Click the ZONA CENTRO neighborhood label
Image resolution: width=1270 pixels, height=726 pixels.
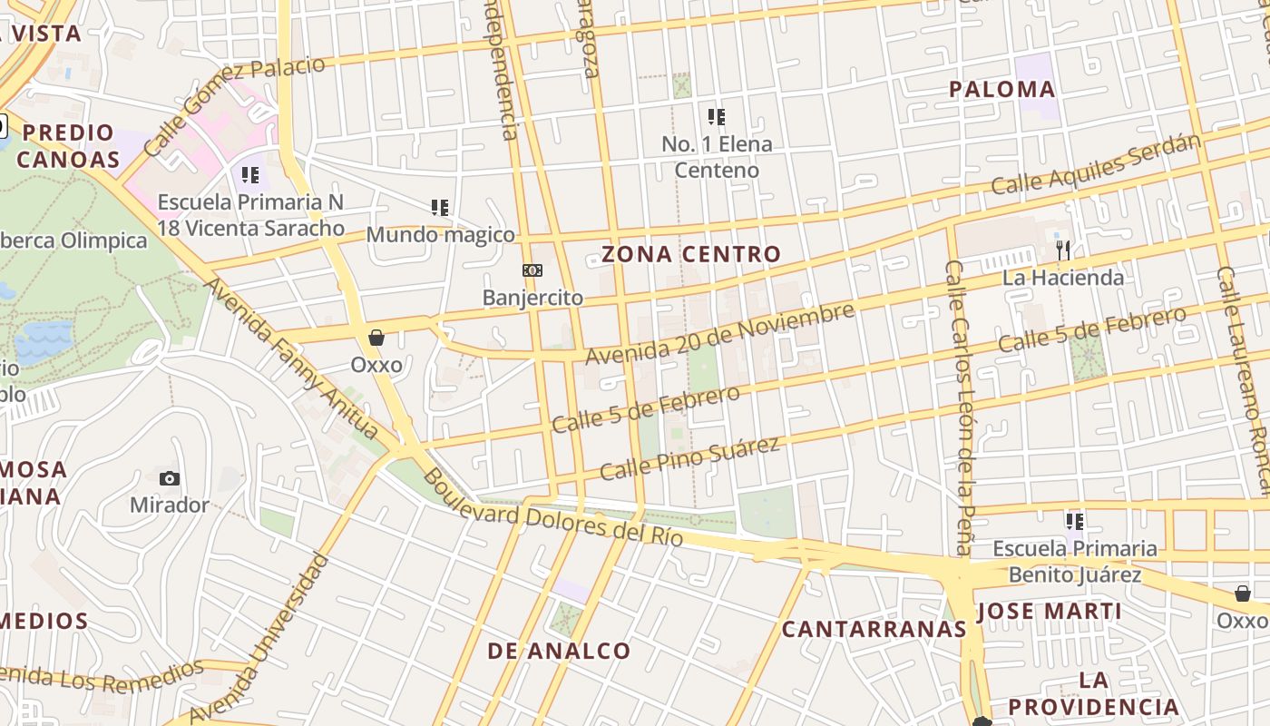(691, 254)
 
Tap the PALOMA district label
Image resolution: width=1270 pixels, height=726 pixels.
(1002, 89)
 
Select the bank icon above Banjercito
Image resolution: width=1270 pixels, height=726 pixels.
(532, 270)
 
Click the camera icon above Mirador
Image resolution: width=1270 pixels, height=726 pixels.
(169, 478)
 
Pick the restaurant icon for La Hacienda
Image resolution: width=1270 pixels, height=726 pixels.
(1063, 250)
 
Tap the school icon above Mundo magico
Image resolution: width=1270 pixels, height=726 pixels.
(440, 208)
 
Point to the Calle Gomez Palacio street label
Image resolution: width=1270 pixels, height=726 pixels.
(233, 104)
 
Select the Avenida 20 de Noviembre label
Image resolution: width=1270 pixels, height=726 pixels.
(719, 334)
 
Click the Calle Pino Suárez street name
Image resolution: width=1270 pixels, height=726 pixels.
(689, 459)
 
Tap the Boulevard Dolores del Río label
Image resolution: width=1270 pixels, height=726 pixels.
(553, 513)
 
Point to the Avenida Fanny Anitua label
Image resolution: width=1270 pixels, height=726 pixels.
(290, 358)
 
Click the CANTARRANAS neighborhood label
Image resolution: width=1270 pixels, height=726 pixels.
(874, 629)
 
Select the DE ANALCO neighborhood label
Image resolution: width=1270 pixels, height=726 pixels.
(559, 651)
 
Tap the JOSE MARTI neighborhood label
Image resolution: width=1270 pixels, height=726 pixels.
(1050, 611)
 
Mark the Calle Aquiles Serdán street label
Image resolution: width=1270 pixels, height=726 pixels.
(1096, 164)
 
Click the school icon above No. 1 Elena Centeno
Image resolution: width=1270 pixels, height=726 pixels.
(717, 117)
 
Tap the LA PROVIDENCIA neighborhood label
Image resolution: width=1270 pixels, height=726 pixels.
(1094, 693)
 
